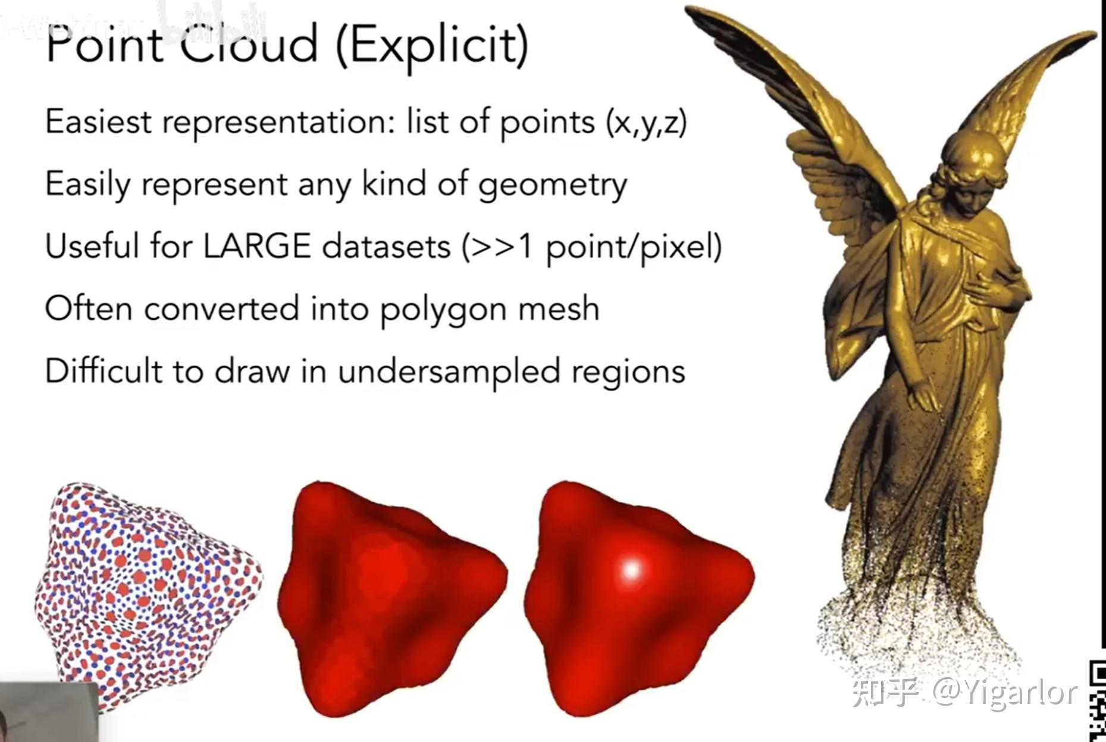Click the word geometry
coord(553,185)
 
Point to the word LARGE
coord(257,246)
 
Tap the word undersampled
coord(449,371)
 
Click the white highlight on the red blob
coord(631,569)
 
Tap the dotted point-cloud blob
coord(149,595)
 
